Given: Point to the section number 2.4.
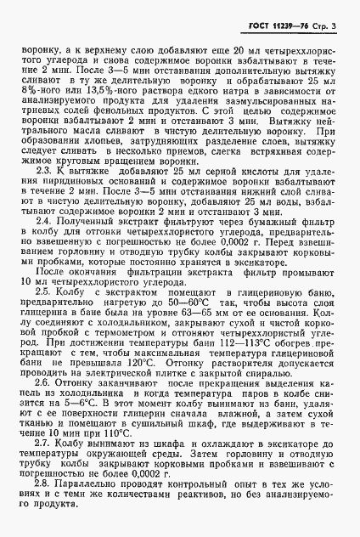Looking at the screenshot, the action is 50,242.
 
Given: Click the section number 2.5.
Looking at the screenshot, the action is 50,314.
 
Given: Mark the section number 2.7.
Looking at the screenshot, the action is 50,467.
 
